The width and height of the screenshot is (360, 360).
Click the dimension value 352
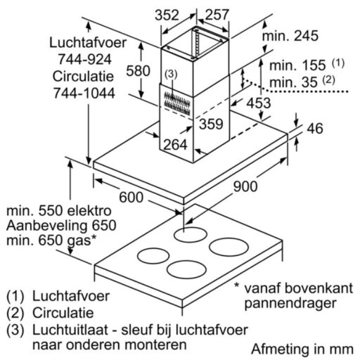167,15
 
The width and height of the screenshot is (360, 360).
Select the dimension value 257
217,15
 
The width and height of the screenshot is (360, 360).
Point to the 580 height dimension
138,70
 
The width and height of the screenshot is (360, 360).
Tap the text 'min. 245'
290,36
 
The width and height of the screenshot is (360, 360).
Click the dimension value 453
259,103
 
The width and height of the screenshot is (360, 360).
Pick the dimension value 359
211,124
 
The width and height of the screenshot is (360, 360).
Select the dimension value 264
175,144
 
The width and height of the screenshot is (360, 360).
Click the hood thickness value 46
315,128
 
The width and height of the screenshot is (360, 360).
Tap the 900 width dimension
245,186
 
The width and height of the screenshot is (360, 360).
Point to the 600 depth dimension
131,197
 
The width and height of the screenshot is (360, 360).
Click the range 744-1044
84,93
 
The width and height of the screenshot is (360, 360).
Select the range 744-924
84,59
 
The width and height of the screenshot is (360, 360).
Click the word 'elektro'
89,210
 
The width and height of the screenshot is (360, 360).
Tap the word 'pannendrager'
290,304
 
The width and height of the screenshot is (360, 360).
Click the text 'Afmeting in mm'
302,349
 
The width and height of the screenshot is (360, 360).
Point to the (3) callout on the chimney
171,75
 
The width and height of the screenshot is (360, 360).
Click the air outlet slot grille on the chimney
177,103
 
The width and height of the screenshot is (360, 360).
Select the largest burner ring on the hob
229,247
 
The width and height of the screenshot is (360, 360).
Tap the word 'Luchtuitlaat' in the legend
70,330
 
